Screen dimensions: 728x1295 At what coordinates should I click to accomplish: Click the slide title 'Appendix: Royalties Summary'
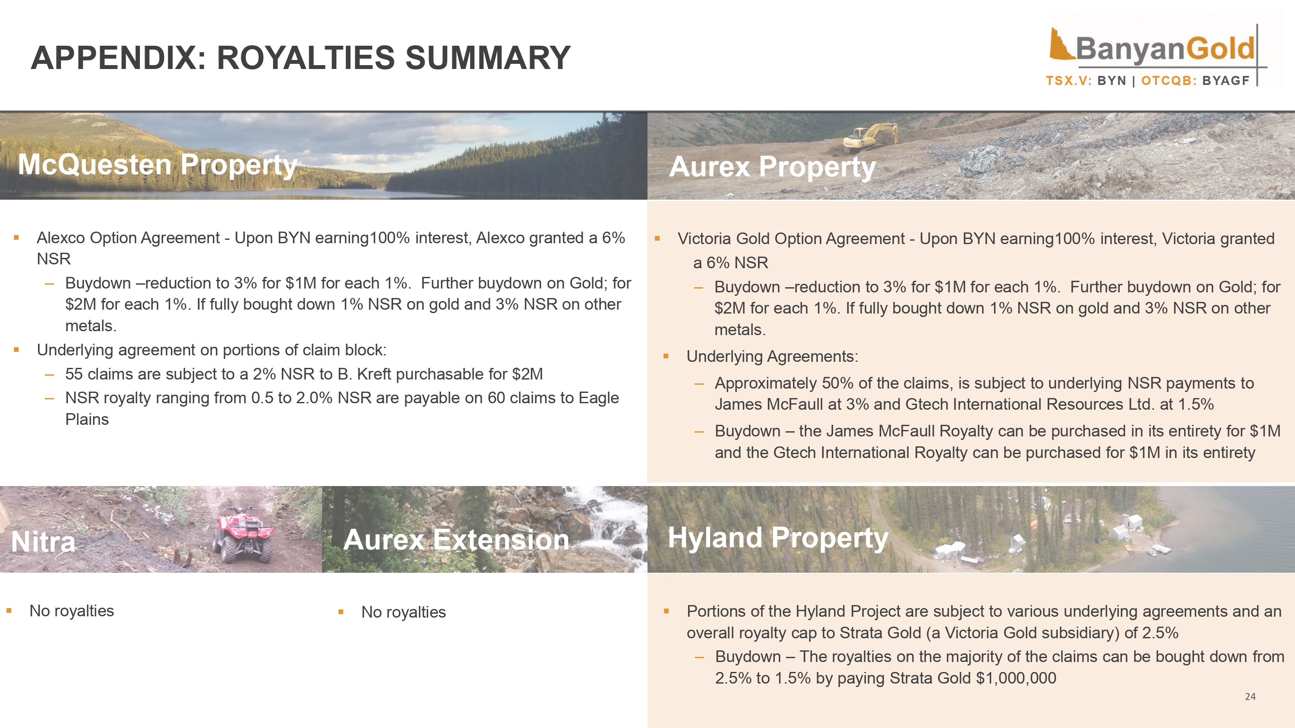click(x=300, y=58)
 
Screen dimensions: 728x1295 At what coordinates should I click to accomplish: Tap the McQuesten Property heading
click(x=158, y=164)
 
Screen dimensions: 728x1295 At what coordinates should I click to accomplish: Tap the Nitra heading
click(x=43, y=542)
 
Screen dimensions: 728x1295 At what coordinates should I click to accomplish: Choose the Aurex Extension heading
click(x=456, y=540)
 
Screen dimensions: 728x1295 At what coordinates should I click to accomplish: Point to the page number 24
click(x=1250, y=697)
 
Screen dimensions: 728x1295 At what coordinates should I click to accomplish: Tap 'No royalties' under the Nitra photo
click(x=71, y=611)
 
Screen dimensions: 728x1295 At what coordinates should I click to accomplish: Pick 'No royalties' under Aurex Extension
click(x=403, y=612)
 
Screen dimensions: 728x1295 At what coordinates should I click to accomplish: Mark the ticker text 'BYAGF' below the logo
click(x=1226, y=81)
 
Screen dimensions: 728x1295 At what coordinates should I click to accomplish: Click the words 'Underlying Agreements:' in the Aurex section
click(x=772, y=357)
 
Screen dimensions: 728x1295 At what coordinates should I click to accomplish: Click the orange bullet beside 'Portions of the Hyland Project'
click(x=666, y=612)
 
